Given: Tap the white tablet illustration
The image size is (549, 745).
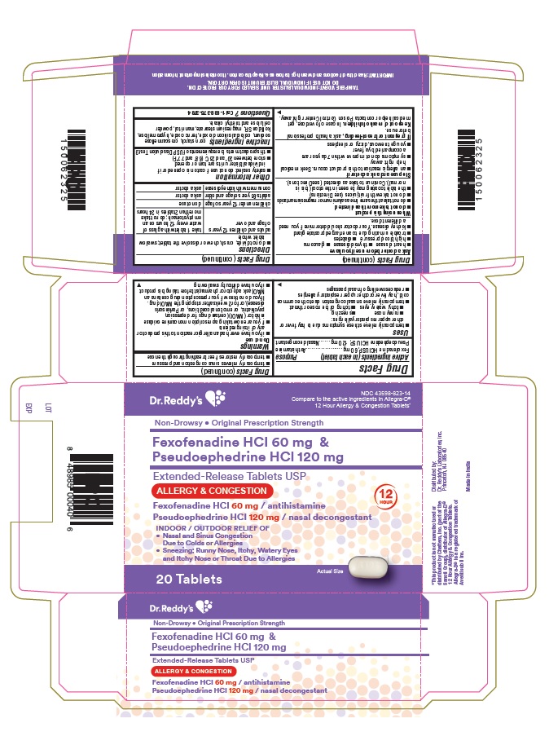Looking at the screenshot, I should [x=376, y=568].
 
